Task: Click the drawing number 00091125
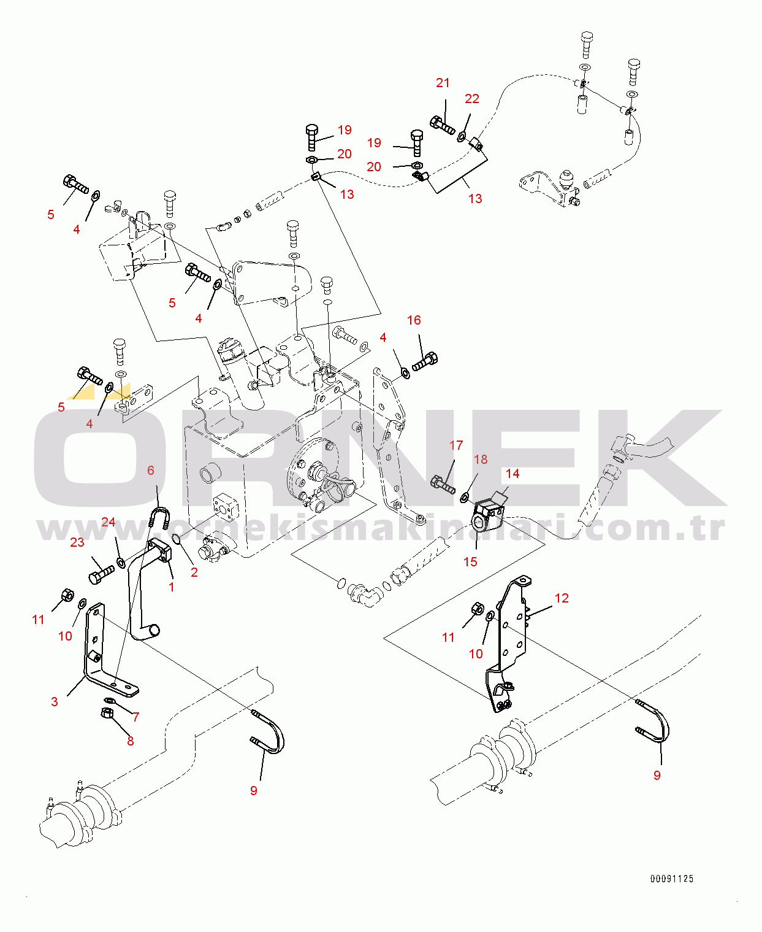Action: point(671,879)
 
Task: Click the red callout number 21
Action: point(443,83)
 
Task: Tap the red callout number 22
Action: point(472,99)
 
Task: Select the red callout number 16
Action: point(414,320)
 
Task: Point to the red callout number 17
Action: point(456,445)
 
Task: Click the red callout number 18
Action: point(481,459)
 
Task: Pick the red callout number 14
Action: point(512,473)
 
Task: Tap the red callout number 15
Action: point(470,561)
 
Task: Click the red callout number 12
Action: point(562,598)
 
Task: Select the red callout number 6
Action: point(151,470)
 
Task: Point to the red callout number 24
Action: point(108,522)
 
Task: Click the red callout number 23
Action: point(77,542)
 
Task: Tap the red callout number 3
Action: point(55,701)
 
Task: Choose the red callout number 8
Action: point(130,741)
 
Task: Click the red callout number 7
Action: point(136,717)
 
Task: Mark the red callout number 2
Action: point(194,572)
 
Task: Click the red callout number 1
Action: point(171,587)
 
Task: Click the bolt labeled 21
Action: point(442,125)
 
